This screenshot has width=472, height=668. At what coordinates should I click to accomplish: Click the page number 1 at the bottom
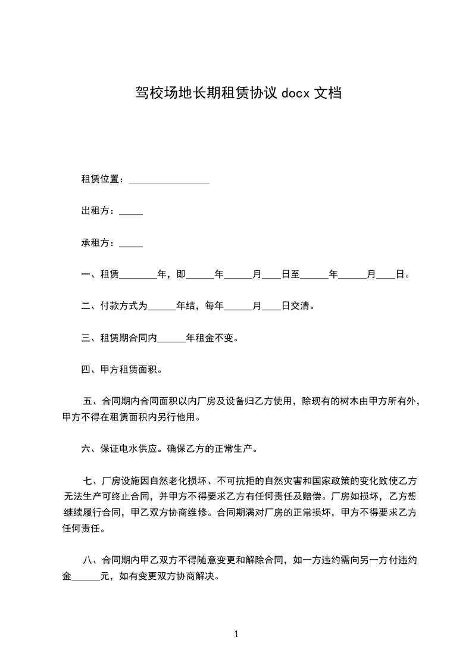(236, 634)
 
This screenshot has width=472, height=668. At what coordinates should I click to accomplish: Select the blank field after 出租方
(131, 212)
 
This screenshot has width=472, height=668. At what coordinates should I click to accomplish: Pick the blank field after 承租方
(131, 244)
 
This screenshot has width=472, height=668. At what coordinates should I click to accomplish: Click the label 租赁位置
(101, 180)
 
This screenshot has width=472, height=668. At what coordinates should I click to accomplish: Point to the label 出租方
(96, 211)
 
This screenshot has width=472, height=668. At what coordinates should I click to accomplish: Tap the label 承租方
(96, 243)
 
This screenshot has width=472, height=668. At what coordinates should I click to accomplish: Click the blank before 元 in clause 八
(86, 578)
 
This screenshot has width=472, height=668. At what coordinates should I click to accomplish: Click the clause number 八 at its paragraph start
(89, 560)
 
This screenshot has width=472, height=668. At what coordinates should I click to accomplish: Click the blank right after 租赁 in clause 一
(138, 276)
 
